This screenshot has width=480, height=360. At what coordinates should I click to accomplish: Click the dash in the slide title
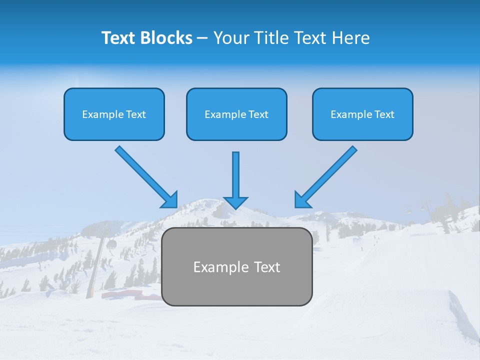coord(202,38)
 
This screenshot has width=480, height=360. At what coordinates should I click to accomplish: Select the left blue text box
coord(114,114)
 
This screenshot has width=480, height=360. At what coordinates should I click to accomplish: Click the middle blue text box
coord(236,114)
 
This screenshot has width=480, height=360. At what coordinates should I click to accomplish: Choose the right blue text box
coord(362,114)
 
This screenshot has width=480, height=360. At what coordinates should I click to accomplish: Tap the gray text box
coord(236,266)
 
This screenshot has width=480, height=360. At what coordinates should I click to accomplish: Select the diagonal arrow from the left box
coord(145,176)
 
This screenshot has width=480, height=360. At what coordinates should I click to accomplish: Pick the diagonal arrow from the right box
coord(327,176)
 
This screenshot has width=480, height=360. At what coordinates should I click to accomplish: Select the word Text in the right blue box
coord(384,114)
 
